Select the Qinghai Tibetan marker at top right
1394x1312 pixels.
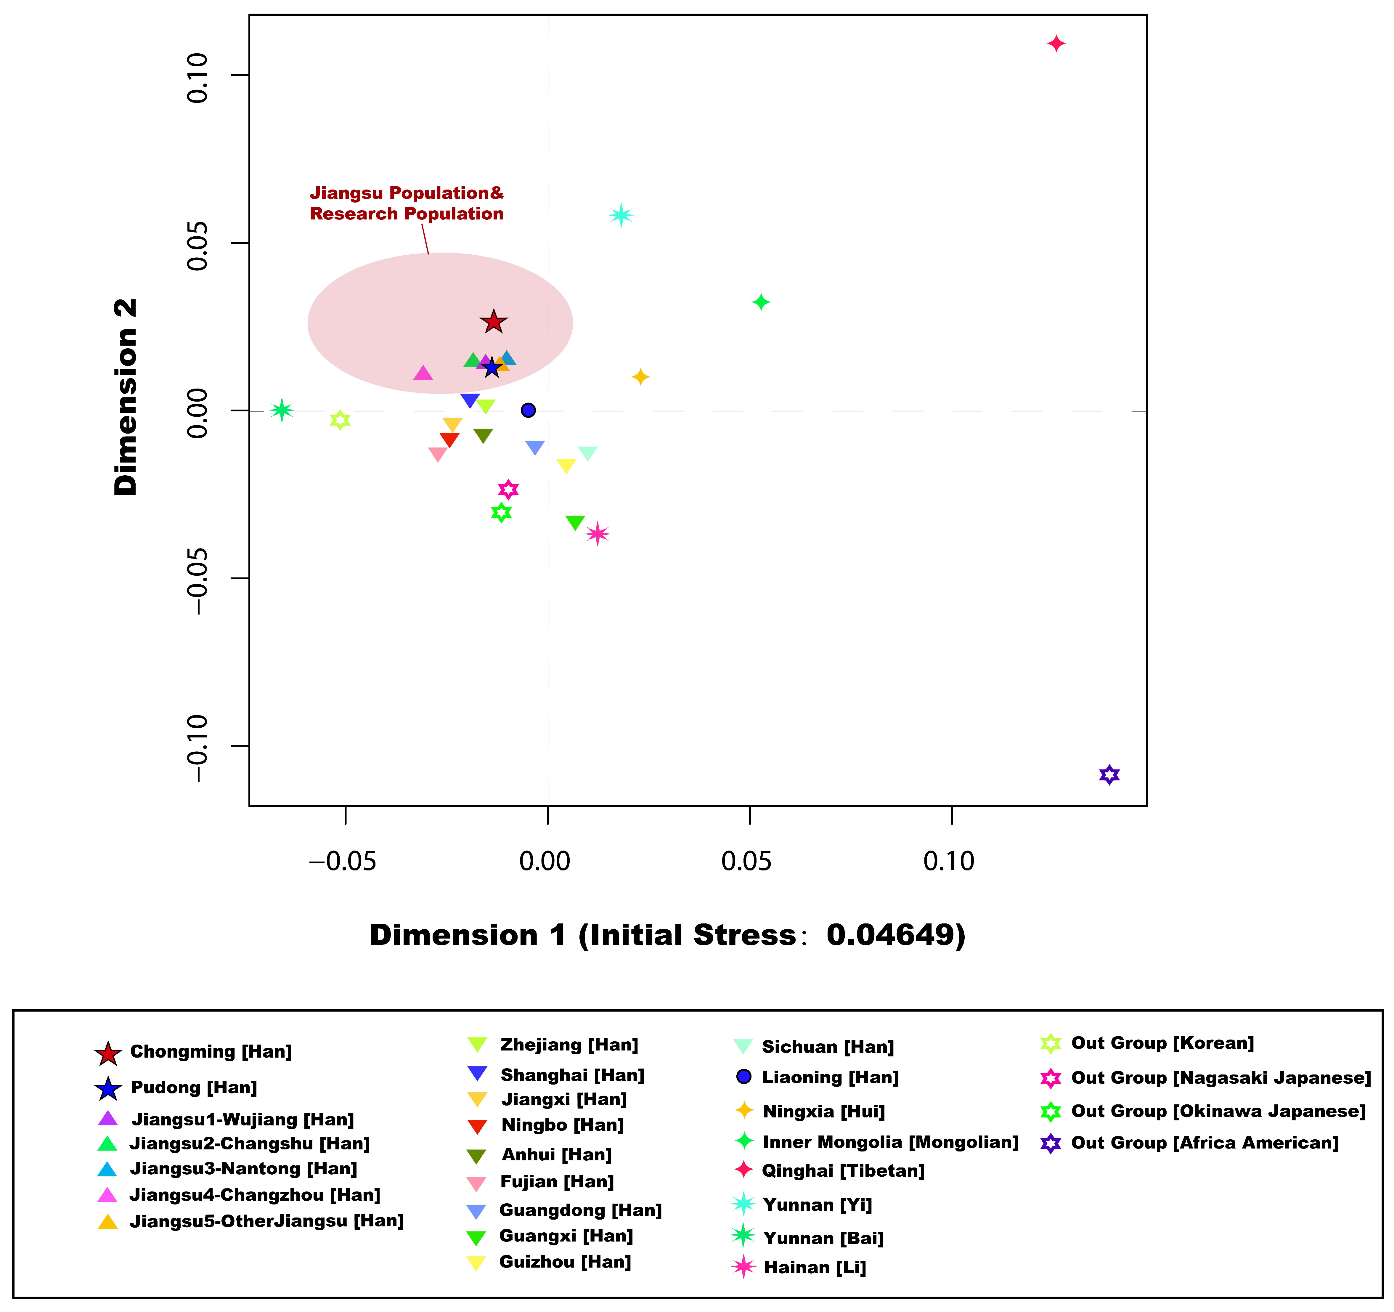click(x=1056, y=44)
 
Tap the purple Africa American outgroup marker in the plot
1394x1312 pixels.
click(x=1109, y=775)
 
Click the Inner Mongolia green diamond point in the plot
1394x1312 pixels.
click(x=761, y=302)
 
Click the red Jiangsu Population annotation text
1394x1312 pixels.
click(x=407, y=203)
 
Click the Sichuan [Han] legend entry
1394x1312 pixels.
click(x=827, y=1047)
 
